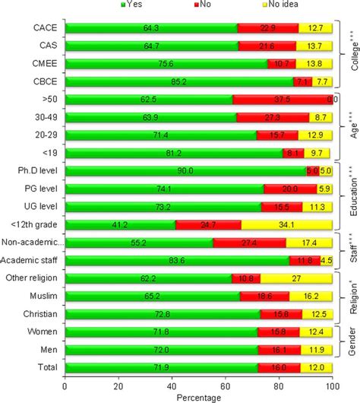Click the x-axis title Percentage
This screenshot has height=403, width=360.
199,397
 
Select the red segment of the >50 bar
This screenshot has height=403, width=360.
282,100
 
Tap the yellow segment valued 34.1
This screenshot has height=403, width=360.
286,224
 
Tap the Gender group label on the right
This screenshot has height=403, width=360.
352,341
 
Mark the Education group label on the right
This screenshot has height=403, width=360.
352,196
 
